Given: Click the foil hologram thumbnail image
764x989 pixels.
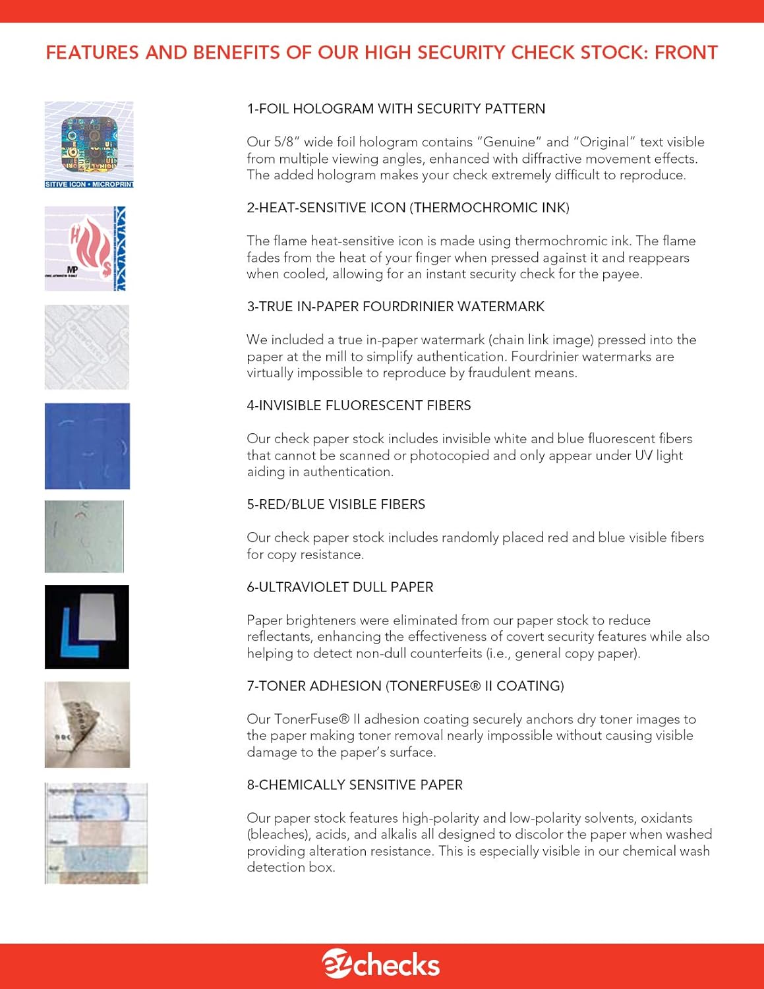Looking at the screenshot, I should pos(89,144).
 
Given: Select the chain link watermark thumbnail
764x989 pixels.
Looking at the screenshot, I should pos(87,347).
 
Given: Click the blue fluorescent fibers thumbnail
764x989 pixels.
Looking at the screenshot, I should pos(87,446).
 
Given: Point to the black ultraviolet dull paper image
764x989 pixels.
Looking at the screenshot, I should pos(87,626).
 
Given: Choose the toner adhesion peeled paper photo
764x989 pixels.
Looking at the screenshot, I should pos(87,725).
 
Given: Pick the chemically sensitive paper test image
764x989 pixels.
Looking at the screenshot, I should pos(96,833).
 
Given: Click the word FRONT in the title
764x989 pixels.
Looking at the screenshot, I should pos(686,53).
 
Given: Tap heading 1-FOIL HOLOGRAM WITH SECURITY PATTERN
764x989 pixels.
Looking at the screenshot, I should pos(396,109).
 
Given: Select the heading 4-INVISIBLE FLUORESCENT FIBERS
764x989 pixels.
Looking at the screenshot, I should pos(359,405).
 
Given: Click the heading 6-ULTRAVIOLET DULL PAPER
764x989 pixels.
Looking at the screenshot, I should pos(339,587).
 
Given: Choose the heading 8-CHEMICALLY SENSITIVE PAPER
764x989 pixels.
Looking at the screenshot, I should pos(355,785).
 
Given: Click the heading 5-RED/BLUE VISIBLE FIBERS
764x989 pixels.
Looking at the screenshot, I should pos(336,504).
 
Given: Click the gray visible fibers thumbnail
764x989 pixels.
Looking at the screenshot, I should pos(84,536).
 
